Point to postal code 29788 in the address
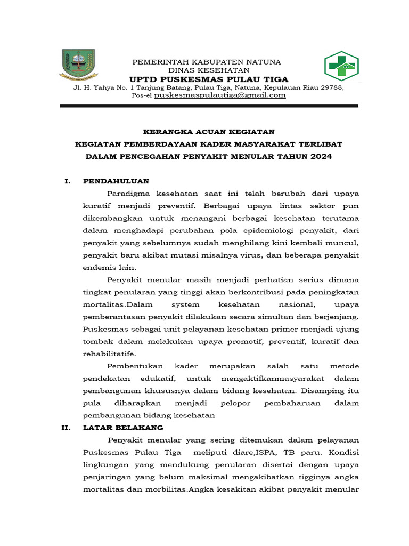tap(332, 87)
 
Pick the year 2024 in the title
tap(321, 156)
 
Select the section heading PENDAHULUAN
tap(116, 181)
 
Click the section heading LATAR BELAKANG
tap(123, 428)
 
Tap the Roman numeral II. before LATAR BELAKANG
tap(68, 428)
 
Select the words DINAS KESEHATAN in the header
tap(209, 70)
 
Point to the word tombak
tap(97, 341)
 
